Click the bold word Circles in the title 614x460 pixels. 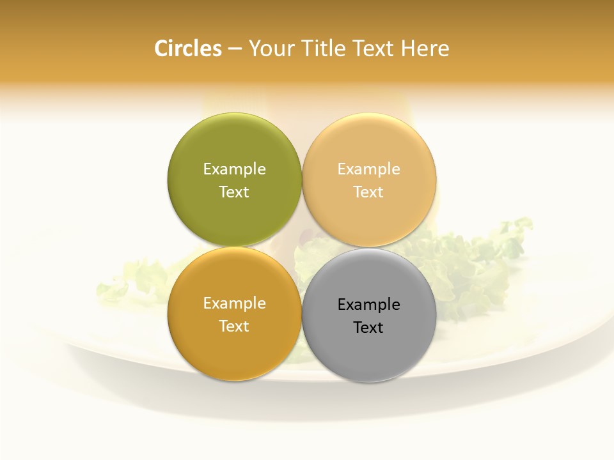tap(188, 49)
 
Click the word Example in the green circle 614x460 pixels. tap(234, 169)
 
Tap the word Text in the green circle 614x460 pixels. tap(234, 192)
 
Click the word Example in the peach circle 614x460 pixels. tap(369, 169)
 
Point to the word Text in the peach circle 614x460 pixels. tap(369, 192)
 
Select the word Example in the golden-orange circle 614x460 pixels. tap(234, 303)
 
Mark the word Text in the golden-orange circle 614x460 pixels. tap(234, 326)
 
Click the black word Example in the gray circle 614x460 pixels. tap(369, 304)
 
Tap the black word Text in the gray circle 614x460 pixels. tap(369, 327)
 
